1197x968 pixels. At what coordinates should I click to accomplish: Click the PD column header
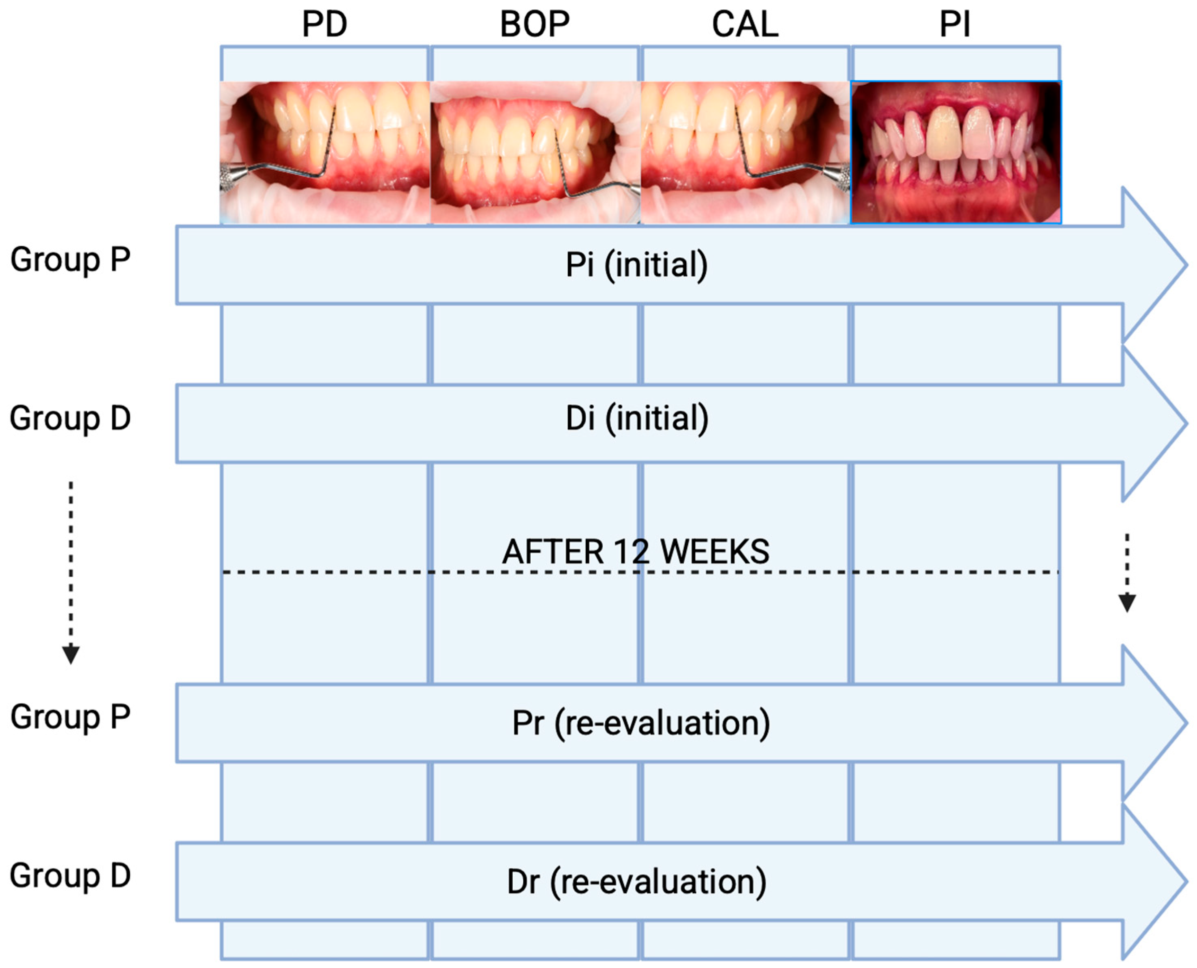[x=324, y=25]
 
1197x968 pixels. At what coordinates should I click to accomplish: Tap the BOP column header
[x=535, y=25]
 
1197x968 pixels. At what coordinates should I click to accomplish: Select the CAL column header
[x=745, y=25]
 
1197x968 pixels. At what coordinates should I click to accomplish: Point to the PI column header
[x=955, y=25]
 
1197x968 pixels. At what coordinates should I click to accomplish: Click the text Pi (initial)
[x=637, y=265]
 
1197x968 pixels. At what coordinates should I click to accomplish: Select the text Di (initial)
[x=637, y=418]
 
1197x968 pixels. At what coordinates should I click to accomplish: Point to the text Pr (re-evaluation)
[x=641, y=723]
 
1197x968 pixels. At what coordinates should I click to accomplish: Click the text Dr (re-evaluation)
[x=637, y=882]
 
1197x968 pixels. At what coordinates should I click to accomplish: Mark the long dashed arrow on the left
[x=71, y=572]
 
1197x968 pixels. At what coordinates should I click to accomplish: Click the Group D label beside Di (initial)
[x=70, y=418]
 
